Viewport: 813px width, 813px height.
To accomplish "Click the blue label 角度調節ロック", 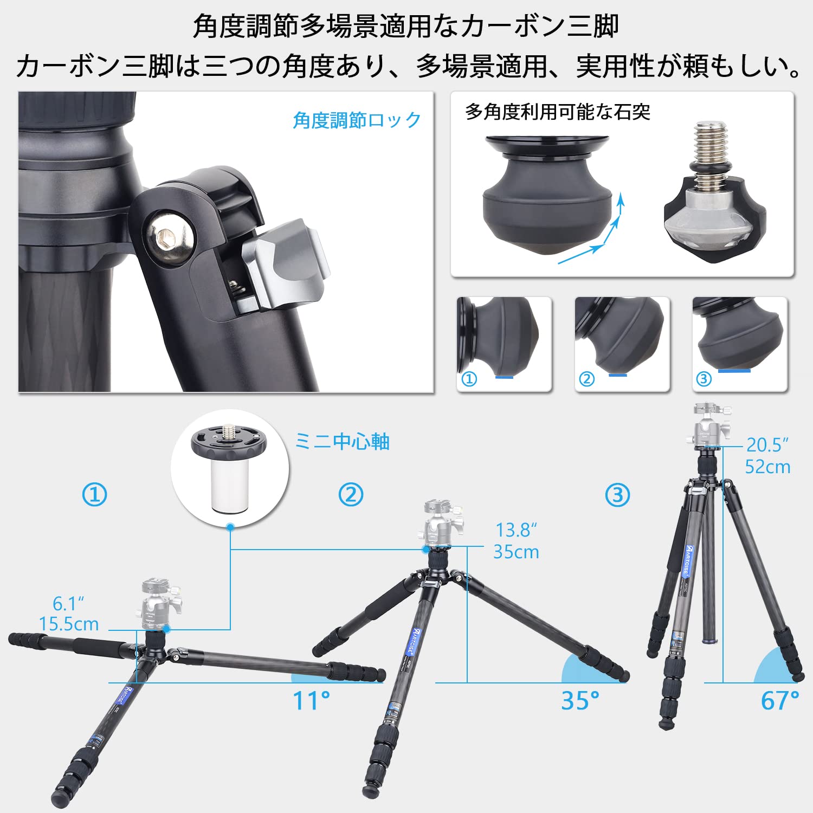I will pyautogui.click(x=357, y=120).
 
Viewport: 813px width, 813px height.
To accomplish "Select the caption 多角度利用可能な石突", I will pyautogui.click(x=557, y=112).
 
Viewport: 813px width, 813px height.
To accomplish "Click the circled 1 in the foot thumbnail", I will pyautogui.click(x=469, y=379).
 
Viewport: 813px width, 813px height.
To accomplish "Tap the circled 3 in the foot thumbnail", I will pyautogui.click(x=704, y=379).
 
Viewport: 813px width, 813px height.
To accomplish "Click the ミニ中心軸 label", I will pyautogui.click(x=342, y=442).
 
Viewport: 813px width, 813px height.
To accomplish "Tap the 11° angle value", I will pyautogui.click(x=311, y=700).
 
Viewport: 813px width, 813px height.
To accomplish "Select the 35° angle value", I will pyautogui.click(x=580, y=700).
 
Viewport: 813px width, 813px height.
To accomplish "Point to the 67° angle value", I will pyautogui.click(x=779, y=700).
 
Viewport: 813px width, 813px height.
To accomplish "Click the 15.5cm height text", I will pyautogui.click(x=69, y=624).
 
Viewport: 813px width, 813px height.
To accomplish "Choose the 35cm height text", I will pyautogui.click(x=516, y=552).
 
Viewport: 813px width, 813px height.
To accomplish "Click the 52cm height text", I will pyautogui.click(x=767, y=467).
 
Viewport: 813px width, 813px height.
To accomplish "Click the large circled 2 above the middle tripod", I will pyautogui.click(x=351, y=495).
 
